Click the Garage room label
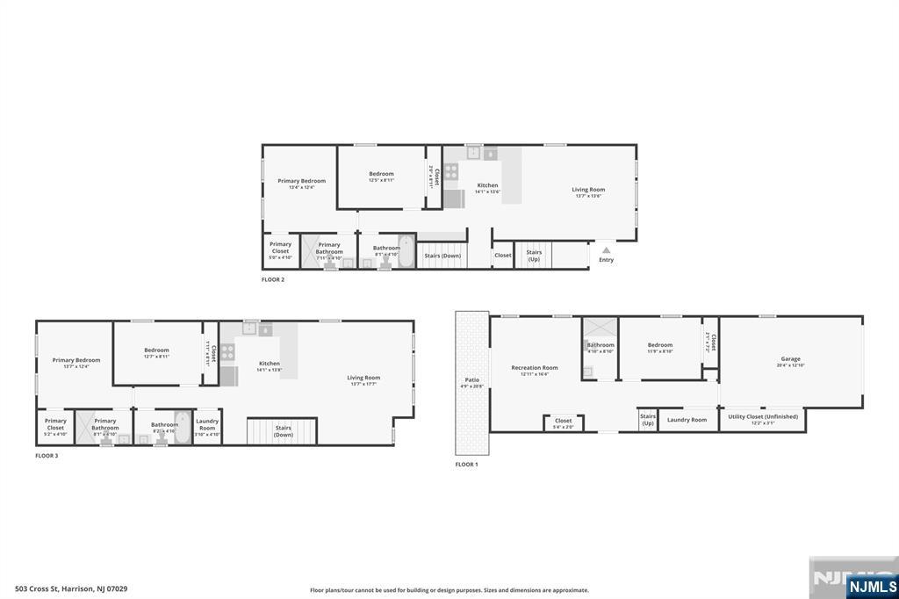click(790, 358)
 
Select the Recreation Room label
click(535, 368)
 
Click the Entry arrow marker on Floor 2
click(606, 250)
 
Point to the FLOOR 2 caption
click(273, 279)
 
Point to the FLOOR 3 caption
click(47, 456)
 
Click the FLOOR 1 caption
click(466, 464)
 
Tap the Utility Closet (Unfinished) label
click(762, 416)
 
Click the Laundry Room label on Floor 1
click(687, 420)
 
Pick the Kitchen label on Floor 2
click(487, 185)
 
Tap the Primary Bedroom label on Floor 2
click(301, 181)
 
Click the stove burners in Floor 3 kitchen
click(227, 351)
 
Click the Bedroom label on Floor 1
click(659, 345)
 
